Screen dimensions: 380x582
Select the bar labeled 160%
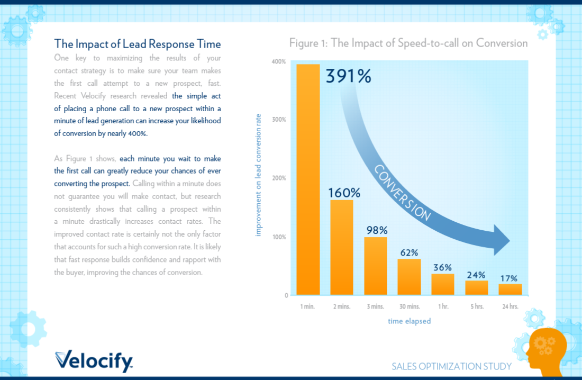(341, 247)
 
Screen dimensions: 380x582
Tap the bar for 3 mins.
(375, 266)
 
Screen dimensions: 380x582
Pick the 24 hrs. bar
(510, 289)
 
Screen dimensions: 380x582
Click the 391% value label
(348, 77)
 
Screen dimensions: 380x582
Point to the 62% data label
(409, 252)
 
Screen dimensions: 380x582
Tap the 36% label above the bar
(442, 267)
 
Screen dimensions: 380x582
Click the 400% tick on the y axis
(279, 61)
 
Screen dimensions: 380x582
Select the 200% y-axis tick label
(279, 178)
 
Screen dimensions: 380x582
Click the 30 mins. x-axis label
(409, 306)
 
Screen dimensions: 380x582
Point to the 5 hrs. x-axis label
(476, 306)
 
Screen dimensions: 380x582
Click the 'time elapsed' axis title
(409, 321)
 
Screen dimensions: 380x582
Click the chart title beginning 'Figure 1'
(408, 43)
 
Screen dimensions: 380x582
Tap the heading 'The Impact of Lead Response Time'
(138, 44)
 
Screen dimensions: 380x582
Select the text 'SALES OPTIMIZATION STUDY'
(451, 366)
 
